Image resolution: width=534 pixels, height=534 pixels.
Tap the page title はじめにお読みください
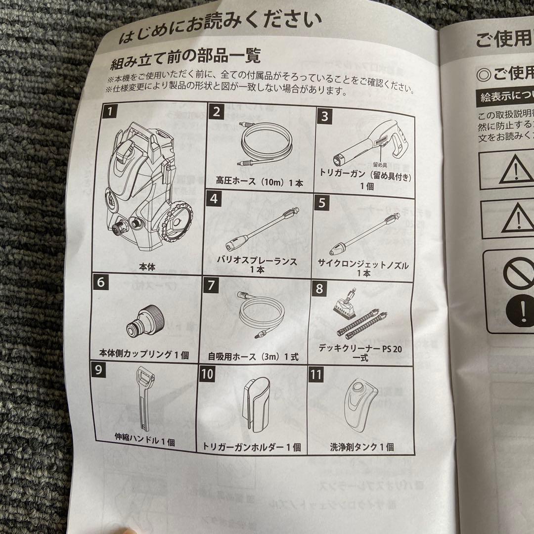coord(220,29)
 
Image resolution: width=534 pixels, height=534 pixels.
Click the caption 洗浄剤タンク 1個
coord(362,446)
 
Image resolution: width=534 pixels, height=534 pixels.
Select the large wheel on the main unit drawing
coord(177,228)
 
